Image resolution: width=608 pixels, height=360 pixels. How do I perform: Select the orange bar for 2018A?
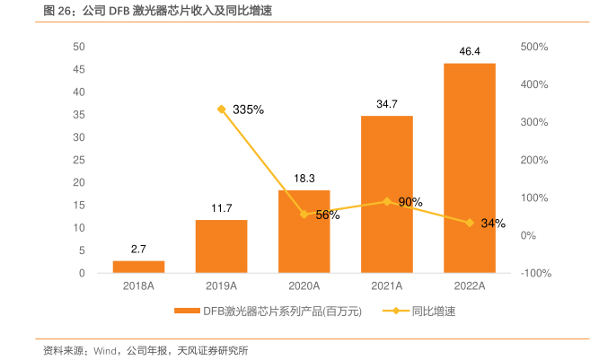[138, 267]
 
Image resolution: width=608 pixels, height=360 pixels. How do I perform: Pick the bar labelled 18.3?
[304, 232]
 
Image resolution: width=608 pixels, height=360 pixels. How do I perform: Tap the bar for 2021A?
[386, 194]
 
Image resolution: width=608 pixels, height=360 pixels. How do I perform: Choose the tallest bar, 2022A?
[469, 168]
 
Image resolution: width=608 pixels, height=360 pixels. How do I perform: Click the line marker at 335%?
[221, 109]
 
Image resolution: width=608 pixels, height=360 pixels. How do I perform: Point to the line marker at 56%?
[304, 215]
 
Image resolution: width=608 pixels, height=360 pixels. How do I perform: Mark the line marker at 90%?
[386, 201]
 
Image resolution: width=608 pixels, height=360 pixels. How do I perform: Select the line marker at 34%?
[469, 223]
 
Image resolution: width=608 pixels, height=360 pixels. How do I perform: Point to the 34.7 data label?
[386, 104]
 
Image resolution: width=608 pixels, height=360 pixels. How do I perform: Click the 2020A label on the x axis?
[304, 286]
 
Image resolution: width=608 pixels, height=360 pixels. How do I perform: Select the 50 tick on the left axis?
[79, 47]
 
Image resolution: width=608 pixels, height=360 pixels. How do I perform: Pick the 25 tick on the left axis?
[79, 160]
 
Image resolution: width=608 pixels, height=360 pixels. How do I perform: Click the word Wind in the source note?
[105, 350]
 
